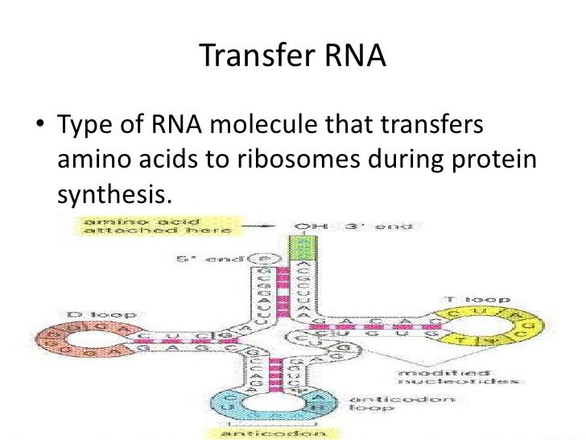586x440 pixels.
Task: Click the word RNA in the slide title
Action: [351, 56]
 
